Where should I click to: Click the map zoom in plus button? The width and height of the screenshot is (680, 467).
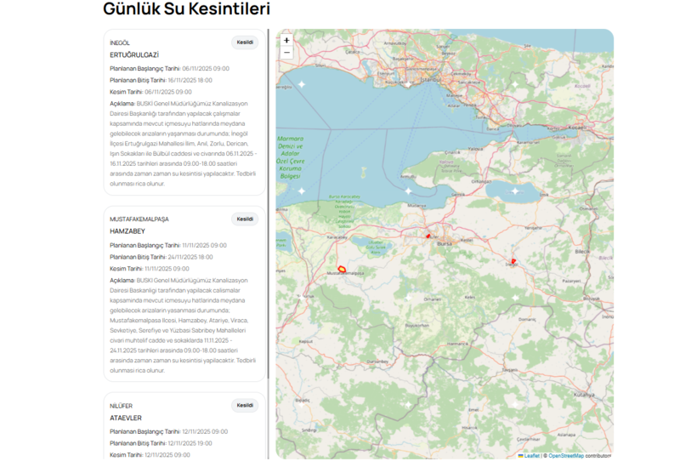tap(286, 40)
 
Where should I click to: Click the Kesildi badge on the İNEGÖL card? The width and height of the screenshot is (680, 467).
tap(245, 43)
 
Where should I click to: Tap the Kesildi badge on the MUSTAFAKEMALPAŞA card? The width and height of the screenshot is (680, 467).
tap(245, 219)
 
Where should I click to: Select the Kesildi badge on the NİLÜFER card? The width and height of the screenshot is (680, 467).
tap(245, 406)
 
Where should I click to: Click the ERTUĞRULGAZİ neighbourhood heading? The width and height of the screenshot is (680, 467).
tap(134, 54)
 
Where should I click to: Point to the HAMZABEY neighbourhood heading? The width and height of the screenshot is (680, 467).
tap(127, 231)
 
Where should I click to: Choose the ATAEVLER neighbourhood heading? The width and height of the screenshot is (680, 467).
tap(126, 418)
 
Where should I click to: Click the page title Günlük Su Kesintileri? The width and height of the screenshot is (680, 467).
tap(186, 9)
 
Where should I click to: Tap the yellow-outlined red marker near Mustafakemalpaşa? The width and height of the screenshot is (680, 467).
tap(342, 269)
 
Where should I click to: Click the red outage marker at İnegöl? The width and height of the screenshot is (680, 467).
tap(513, 261)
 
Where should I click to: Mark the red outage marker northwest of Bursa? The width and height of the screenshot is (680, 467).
tap(428, 236)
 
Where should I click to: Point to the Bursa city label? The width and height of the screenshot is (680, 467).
tap(443, 243)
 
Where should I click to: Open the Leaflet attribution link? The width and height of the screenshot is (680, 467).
tap(531, 456)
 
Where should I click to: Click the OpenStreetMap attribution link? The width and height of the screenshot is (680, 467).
tap(565, 456)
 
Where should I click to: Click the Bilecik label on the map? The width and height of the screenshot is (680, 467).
tap(582, 253)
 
